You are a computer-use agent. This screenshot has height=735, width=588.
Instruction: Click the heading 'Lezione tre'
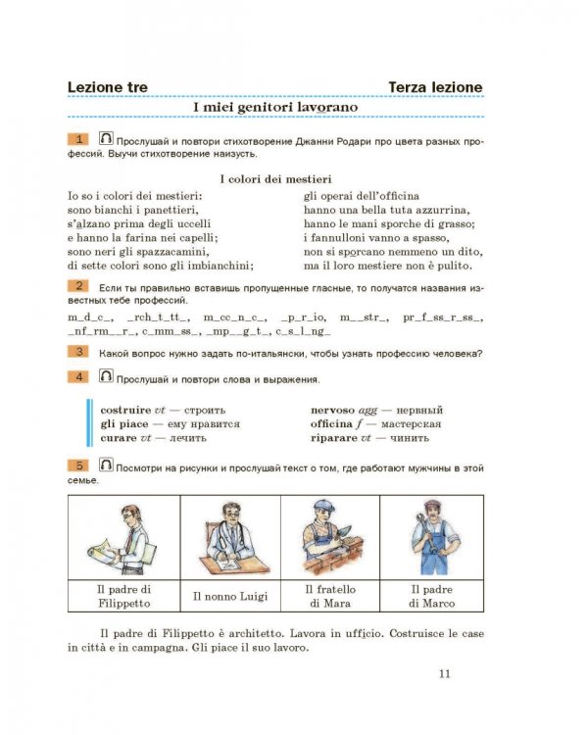click(x=108, y=87)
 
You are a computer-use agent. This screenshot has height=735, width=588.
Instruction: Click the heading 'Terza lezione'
click(x=435, y=87)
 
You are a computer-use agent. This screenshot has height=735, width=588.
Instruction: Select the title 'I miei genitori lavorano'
click(x=275, y=107)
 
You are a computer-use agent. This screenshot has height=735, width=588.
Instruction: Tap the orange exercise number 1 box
click(x=77, y=139)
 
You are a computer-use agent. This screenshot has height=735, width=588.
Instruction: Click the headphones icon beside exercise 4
click(x=106, y=375)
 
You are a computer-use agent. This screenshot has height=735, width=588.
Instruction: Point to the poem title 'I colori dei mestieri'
click(x=275, y=179)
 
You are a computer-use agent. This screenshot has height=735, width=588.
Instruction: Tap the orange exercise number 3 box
click(x=77, y=352)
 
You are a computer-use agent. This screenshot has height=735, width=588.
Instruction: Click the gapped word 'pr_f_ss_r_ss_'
click(x=443, y=318)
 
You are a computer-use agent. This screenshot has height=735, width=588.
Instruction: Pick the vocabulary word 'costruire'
click(x=125, y=411)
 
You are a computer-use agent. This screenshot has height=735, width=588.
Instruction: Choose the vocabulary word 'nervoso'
click(x=332, y=411)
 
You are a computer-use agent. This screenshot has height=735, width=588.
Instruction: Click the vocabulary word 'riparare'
click(x=334, y=438)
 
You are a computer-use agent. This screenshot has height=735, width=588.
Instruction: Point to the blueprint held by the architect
click(x=104, y=552)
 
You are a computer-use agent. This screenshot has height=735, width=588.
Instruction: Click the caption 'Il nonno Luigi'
click(x=230, y=596)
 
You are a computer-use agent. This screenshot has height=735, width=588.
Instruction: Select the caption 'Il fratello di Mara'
click(x=330, y=596)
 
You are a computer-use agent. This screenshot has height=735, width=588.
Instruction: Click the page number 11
click(x=445, y=674)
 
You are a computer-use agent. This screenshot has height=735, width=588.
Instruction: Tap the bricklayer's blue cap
click(x=324, y=506)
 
